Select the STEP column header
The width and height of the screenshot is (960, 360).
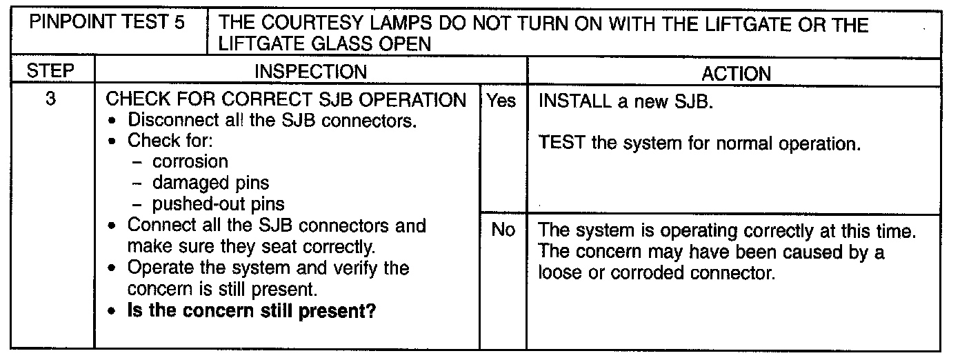(x=50, y=72)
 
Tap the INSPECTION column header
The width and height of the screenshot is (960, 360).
(x=310, y=72)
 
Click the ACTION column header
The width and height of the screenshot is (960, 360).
(x=736, y=73)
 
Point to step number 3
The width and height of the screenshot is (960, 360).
(x=50, y=99)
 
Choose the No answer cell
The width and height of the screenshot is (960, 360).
(x=503, y=230)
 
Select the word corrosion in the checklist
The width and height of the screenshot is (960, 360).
(x=190, y=162)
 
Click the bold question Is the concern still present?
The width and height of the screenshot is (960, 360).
(x=252, y=311)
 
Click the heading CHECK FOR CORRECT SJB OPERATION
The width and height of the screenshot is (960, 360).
(x=286, y=100)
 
